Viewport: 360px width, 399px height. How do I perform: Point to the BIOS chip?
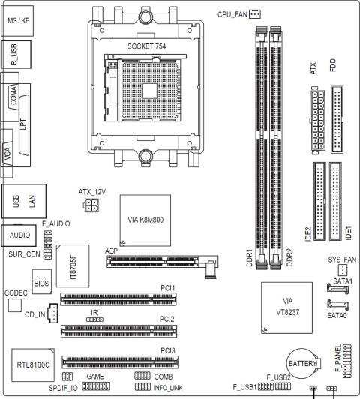(x=42, y=284)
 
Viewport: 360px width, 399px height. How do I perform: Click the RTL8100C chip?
(x=33, y=364)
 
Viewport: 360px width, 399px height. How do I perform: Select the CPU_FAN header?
(x=255, y=13)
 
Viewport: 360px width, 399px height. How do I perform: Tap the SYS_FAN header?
(x=340, y=270)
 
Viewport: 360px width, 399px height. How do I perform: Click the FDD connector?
(x=335, y=120)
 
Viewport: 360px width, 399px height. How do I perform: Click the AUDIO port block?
(x=18, y=235)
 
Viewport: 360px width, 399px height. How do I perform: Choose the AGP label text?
(x=110, y=250)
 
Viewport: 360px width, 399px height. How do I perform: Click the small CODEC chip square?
(x=14, y=305)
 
